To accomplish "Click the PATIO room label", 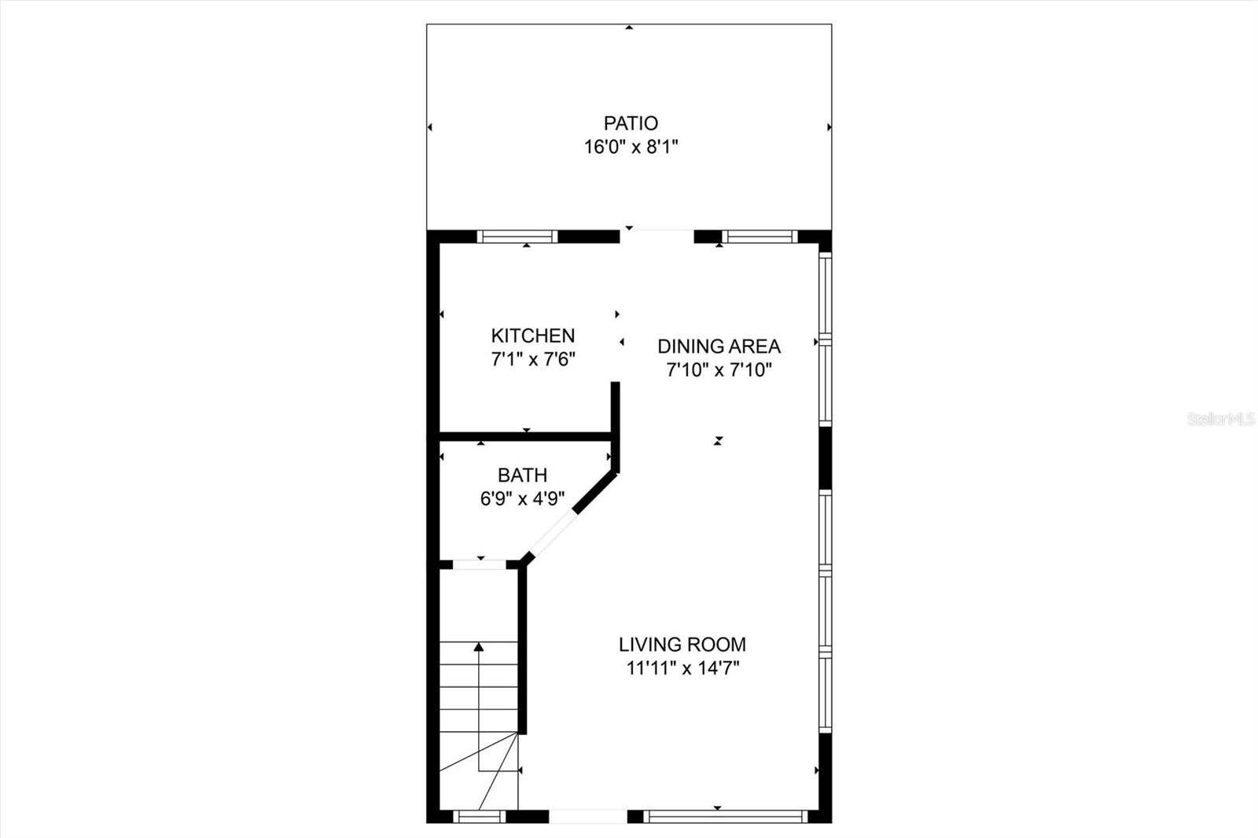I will point(631,123).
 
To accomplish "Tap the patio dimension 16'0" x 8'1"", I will point(631,147).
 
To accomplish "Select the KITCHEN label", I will point(533,336).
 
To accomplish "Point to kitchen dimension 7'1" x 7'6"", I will point(533,360).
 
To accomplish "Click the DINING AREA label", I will point(719,346).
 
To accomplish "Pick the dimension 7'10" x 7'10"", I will point(719,369).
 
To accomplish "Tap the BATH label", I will point(523,475).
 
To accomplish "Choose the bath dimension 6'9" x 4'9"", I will point(523,498).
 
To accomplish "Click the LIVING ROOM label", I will point(682,645).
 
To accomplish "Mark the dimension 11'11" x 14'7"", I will point(682,668).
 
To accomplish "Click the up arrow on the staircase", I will point(479,648).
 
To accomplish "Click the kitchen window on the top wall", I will point(517,236).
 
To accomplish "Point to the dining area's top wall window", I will point(760,236).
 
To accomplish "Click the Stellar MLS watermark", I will point(1220,419).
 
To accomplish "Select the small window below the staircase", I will point(480,817).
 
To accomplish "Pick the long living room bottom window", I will point(725,817).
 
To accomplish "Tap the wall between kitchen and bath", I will point(525,434).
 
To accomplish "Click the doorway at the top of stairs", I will point(480,564).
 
